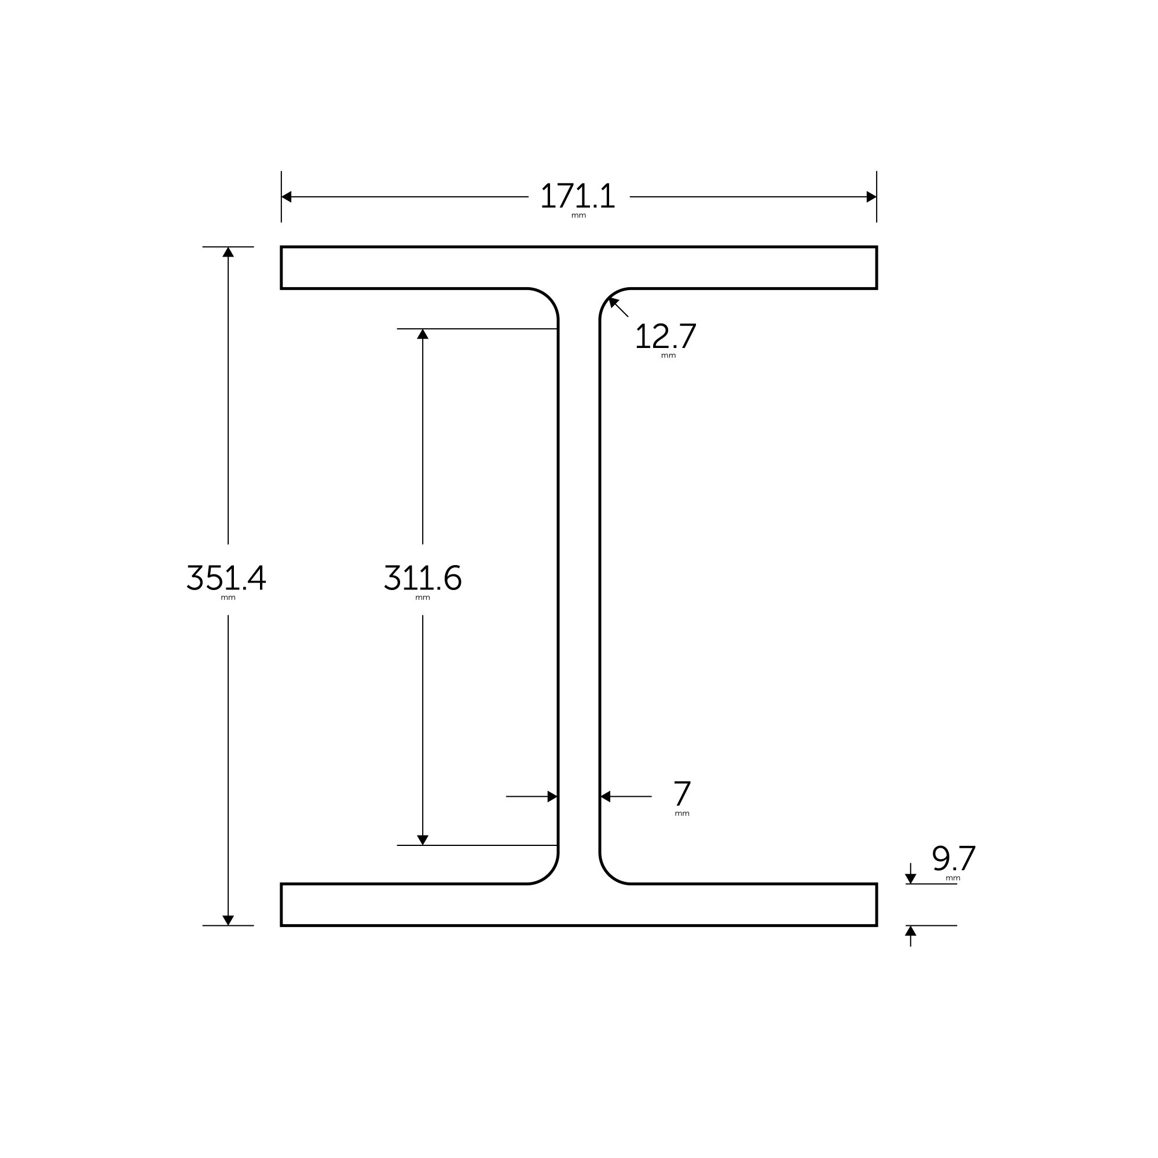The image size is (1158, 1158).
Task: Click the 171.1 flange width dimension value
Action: tap(578, 196)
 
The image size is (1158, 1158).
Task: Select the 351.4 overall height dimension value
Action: tap(226, 578)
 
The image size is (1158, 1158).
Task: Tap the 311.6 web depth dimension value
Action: tap(422, 578)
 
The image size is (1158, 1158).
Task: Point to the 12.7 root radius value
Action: tap(665, 336)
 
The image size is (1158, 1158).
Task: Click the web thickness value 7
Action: tap(681, 794)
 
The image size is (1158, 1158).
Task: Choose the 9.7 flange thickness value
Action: tap(954, 859)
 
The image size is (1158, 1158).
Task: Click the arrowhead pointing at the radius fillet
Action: tap(613, 302)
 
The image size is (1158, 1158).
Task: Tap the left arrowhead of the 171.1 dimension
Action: tap(287, 197)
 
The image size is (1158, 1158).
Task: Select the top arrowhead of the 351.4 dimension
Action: tap(228, 252)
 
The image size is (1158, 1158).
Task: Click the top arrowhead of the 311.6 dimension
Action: tap(423, 335)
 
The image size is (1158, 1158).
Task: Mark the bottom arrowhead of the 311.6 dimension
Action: tap(423, 840)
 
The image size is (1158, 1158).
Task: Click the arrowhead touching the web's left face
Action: tap(552, 797)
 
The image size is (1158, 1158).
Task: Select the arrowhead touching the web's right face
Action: tap(606, 797)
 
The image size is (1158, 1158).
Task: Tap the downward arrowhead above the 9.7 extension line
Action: tap(910, 879)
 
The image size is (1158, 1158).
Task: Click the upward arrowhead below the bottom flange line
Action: tap(910, 931)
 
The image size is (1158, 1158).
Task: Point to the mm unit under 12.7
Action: tap(668, 356)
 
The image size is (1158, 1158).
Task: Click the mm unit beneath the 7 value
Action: tap(682, 814)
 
